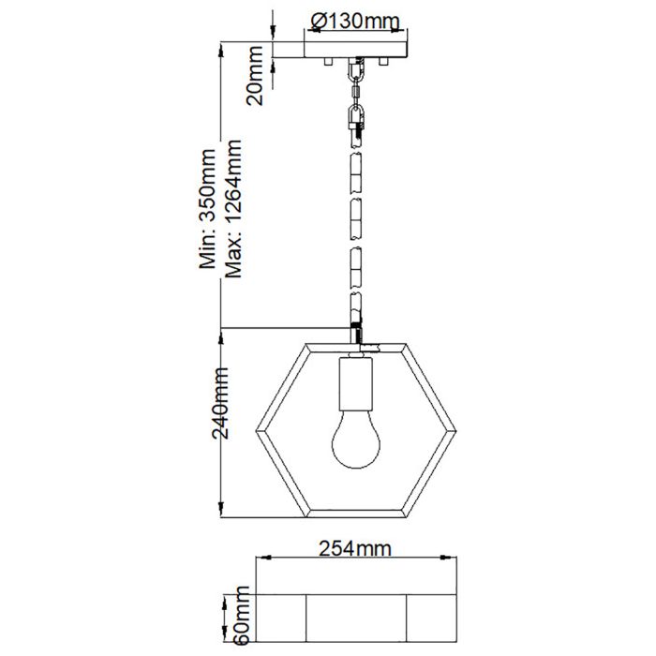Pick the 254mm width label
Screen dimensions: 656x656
354,550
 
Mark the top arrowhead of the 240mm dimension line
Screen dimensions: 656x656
221,333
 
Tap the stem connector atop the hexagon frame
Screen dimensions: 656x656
356,335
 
